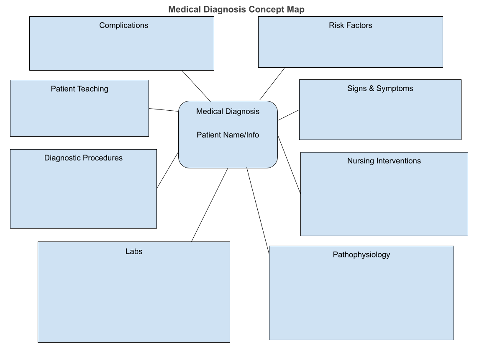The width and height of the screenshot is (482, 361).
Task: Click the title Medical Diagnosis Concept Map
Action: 236,9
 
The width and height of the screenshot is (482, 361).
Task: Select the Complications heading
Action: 123,25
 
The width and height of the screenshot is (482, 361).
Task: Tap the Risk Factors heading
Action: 350,25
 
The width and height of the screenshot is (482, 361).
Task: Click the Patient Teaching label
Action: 79,89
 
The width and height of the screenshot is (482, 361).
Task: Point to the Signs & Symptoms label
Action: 380,89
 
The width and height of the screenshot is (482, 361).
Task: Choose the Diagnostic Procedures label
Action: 83,158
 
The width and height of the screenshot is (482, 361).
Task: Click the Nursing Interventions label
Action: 384,161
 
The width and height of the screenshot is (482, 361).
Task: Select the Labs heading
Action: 134,252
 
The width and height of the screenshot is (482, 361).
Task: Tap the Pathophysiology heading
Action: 361,255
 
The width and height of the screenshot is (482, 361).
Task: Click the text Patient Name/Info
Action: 228,135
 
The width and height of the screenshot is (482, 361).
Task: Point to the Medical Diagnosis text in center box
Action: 228,112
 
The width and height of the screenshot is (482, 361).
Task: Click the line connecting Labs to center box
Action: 210,205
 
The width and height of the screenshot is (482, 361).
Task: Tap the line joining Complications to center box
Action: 196,86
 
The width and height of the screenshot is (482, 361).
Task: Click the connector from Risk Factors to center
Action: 272,84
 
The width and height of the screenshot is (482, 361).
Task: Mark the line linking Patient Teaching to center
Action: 164,110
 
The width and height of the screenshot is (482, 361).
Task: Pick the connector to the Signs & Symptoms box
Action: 289,115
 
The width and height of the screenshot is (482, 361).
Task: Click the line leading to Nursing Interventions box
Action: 289,165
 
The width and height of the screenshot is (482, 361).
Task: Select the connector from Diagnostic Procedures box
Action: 167,170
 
